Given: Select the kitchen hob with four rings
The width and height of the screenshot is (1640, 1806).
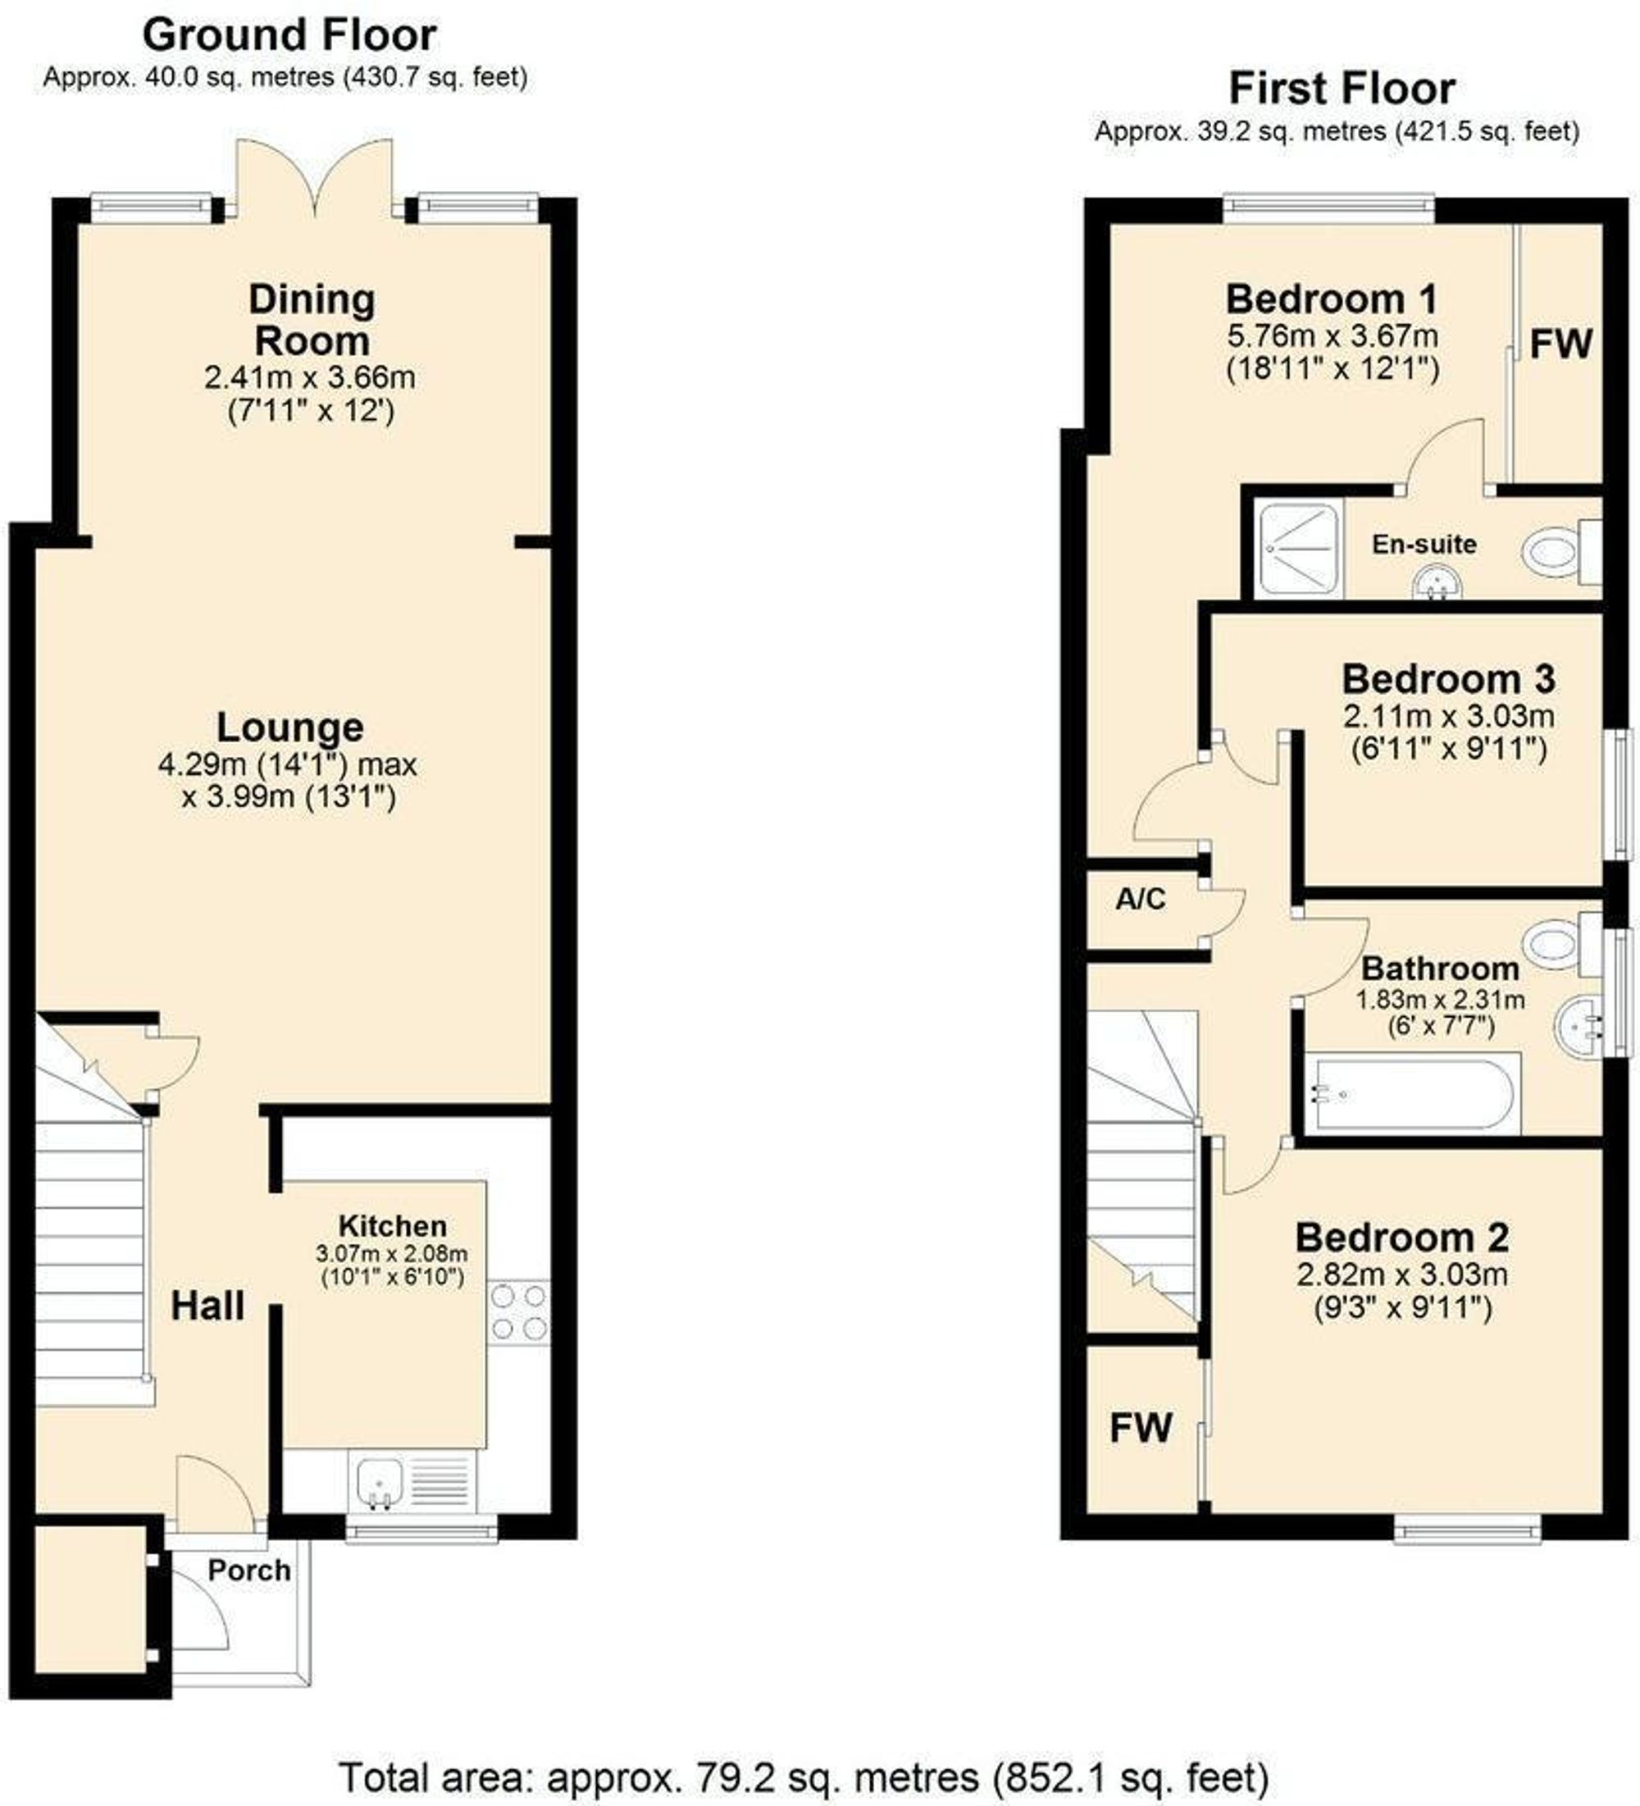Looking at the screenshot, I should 518,1312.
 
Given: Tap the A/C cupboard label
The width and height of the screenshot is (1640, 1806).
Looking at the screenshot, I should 1140,899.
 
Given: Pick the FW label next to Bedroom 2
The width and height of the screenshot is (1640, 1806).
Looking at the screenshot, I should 1140,1428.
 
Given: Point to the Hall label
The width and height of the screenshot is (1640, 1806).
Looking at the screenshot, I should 207,1307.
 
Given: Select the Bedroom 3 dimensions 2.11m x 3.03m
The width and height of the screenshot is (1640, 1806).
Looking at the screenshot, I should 1448,717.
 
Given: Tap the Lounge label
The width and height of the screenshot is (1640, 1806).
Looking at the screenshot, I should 290,727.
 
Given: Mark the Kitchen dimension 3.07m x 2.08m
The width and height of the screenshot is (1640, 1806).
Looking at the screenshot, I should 391,1253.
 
